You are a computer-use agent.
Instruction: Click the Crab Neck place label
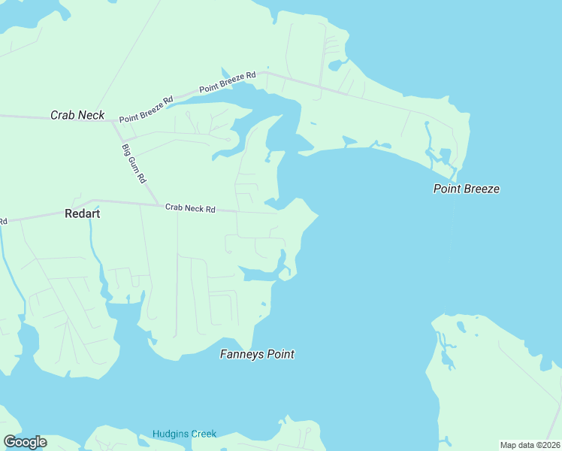coord(77,115)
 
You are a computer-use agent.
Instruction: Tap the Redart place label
coord(83,213)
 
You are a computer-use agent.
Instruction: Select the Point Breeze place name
coord(466,189)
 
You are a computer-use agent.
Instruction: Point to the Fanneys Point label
coord(256,354)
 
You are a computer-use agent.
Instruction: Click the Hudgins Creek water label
coord(184,434)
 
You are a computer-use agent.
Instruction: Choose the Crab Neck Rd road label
coord(190,208)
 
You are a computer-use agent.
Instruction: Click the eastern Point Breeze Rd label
coord(228,83)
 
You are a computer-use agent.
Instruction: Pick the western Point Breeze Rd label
coord(146,109)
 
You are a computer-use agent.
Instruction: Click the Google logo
coord(25,442)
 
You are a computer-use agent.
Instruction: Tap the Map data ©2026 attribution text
coord(530,445)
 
